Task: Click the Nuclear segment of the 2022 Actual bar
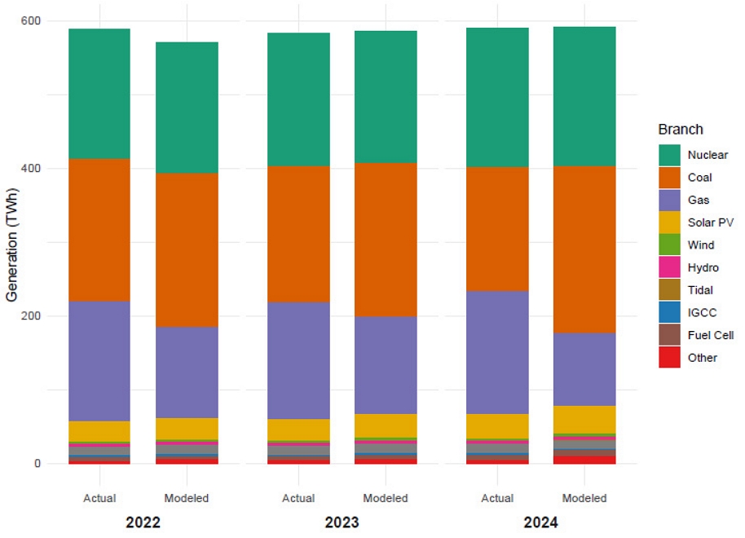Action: [99, 94]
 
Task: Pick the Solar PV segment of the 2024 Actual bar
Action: [497, 426]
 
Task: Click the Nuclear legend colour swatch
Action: [670, 155]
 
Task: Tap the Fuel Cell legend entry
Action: [710, 335]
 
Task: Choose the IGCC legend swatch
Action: [670, 312]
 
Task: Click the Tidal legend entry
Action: [699, 290]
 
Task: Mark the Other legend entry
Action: [702, 358]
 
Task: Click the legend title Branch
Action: [681, 130]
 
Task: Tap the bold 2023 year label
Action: [342, 523]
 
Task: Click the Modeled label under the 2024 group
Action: [584, 498]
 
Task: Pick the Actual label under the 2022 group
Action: [99, 498]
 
